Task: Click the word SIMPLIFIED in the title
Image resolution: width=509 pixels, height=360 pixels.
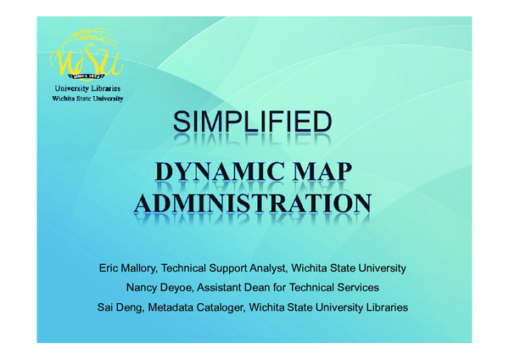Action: (x=252, y=123)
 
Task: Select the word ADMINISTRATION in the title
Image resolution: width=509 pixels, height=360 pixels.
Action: (x=253, y=204)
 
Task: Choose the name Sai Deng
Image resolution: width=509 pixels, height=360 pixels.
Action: (x=120, y=306)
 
